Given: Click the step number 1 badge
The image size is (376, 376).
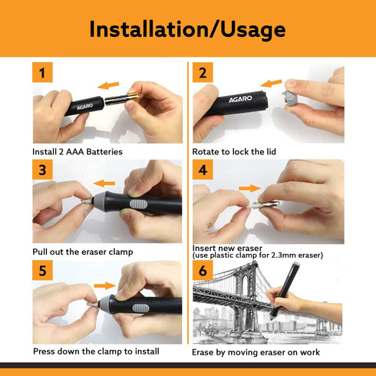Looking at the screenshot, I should click(43, 74).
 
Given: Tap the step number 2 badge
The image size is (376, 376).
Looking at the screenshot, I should click(203, 74).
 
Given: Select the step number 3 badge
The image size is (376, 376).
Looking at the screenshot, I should click(43, 170).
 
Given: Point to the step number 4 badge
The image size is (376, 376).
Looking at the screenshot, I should click(203, 170).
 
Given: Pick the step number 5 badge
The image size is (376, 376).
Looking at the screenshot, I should click(43, 270).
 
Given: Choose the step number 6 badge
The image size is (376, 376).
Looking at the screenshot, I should click(203, 270).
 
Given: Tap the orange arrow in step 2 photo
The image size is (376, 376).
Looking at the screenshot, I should click(271, 82).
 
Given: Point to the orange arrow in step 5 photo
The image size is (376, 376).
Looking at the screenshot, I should click(104, 285).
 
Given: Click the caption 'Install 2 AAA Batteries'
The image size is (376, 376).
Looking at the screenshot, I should click(77, 152).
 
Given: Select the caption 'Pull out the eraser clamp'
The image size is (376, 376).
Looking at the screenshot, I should click(82, 252).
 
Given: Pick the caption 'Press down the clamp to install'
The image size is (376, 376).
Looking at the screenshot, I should click(95, 351).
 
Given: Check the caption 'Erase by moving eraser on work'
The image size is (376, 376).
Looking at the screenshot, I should click(256, 352).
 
